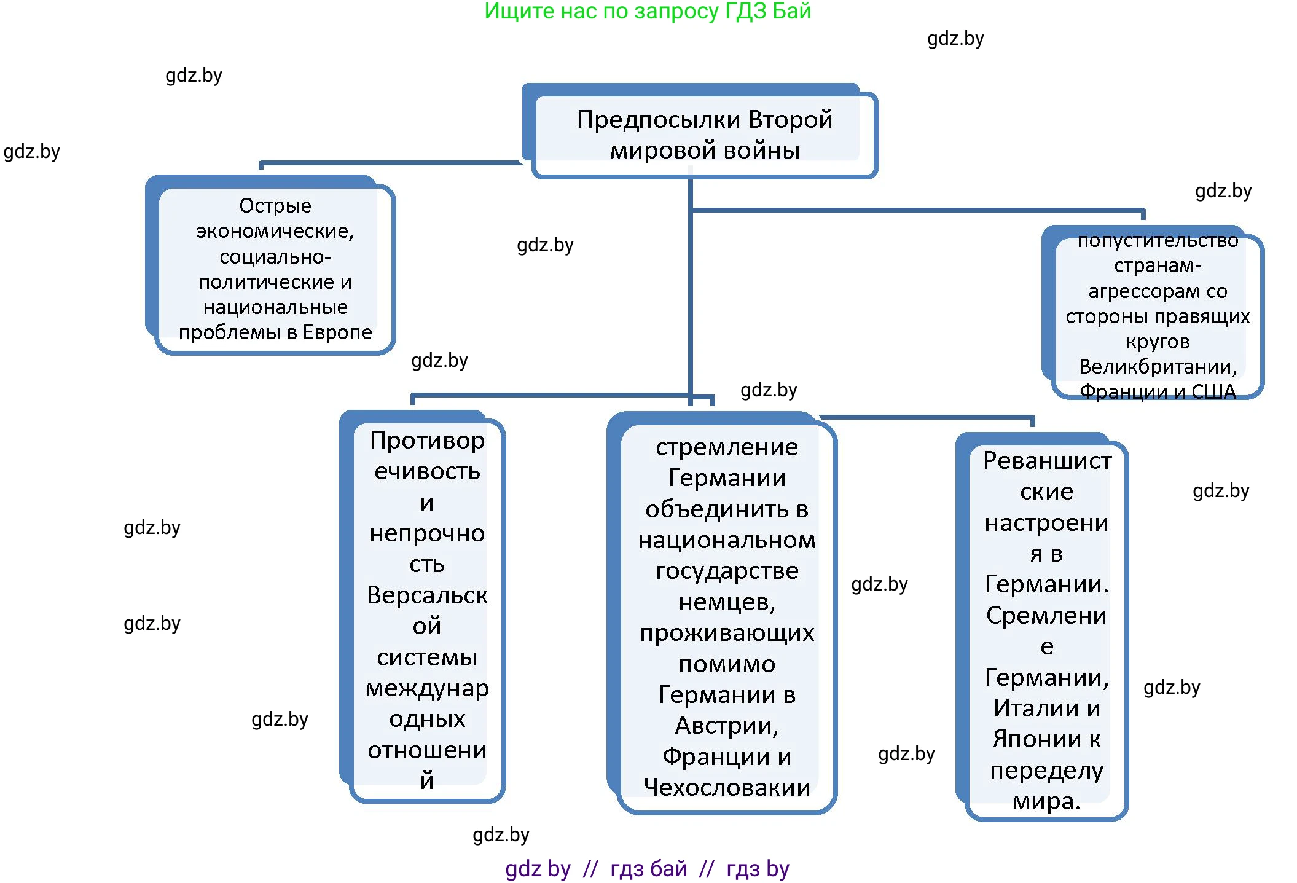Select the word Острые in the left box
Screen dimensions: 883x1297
click(x=275, y=206)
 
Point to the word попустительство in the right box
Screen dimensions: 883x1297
click(x=1158, y=241)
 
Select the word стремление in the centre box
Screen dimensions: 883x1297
click(x=726, y=447)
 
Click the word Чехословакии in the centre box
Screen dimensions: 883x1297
click(x=726, y=788)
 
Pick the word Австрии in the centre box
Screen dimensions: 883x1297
click(x=725, y=726)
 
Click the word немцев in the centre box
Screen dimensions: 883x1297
click(x=725, y=602)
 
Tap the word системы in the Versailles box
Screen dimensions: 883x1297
click(x=427, y=657)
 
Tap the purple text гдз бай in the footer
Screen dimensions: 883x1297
click(x=648, y=869)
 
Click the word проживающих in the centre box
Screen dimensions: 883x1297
click(x=726, y=633)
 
